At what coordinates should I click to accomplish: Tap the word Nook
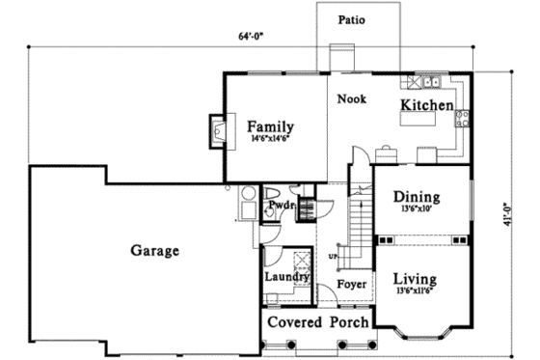pyautogui.click(x=350, y=97)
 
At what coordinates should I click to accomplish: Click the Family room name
pyautogui.click(x=270, y=126)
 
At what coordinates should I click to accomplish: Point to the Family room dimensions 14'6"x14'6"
pyautogui.click(x=270, y=140)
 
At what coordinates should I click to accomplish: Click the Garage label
pyautogui.click(x=154, y=251)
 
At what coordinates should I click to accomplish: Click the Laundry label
pyautogui.click(x=286, y=278)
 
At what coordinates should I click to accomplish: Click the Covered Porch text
pyautogui.click(x=317, y=321)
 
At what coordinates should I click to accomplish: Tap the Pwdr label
pyautogui.click(x=281, y=206)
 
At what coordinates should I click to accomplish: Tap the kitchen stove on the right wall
pyautogui.click(x=462, y=119)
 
